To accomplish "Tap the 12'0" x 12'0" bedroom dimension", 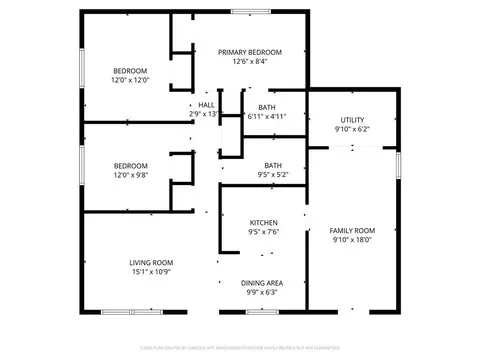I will [130, 81].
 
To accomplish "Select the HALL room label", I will [206, 104].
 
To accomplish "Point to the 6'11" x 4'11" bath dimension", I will [267, 117].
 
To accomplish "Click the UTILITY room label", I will [352, 120].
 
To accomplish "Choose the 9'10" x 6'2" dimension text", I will [352, 130].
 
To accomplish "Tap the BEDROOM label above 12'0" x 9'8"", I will [130, 165].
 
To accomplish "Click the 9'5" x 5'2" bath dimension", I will [272, 175].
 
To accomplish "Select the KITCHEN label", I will [264, 222].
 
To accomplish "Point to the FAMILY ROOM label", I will [352, 231].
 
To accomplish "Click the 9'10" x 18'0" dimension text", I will [352, 241].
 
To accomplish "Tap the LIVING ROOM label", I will [151, 262].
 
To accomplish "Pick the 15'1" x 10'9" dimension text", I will [151, 272].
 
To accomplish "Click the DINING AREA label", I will [263, 282].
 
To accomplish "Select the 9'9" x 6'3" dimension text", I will [263, 292].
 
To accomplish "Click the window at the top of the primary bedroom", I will [250, 12].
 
